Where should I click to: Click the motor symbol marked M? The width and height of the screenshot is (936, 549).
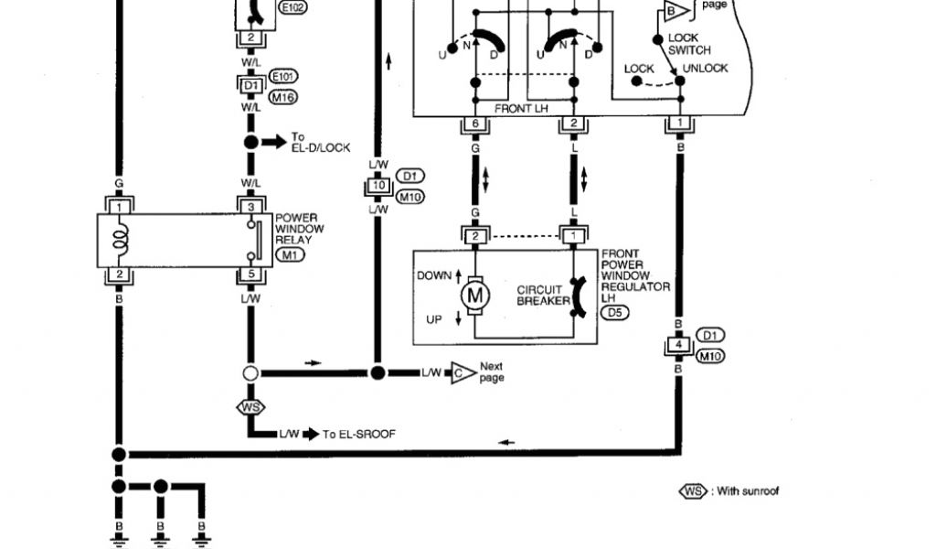[x=473, y=295]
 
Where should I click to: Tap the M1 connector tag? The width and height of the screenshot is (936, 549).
[x=292, y=254]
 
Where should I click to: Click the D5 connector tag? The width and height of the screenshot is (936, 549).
[x=614, y=312]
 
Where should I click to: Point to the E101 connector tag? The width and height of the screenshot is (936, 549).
[x=284, y=76]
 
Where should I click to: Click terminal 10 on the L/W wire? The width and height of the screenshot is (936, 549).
[x=378, y=187]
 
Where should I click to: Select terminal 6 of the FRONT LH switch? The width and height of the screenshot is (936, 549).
[x=474, y=124]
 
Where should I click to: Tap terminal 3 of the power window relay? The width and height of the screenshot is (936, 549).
[x=251, y=207]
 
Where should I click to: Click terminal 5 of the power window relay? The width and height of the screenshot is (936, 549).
[x=251, y=274]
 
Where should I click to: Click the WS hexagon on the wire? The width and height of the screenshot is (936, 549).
[x=250, y=405]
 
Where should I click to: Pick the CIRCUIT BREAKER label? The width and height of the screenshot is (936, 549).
[x=539, y=295]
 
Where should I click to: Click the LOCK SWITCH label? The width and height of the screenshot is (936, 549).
[x=688, y=44]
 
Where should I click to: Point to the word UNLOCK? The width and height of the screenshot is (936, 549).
[x=706, y=69]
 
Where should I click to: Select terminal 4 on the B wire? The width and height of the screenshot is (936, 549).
[x=679, y=347]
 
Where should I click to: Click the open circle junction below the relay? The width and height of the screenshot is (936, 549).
[x=251, y=373]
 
